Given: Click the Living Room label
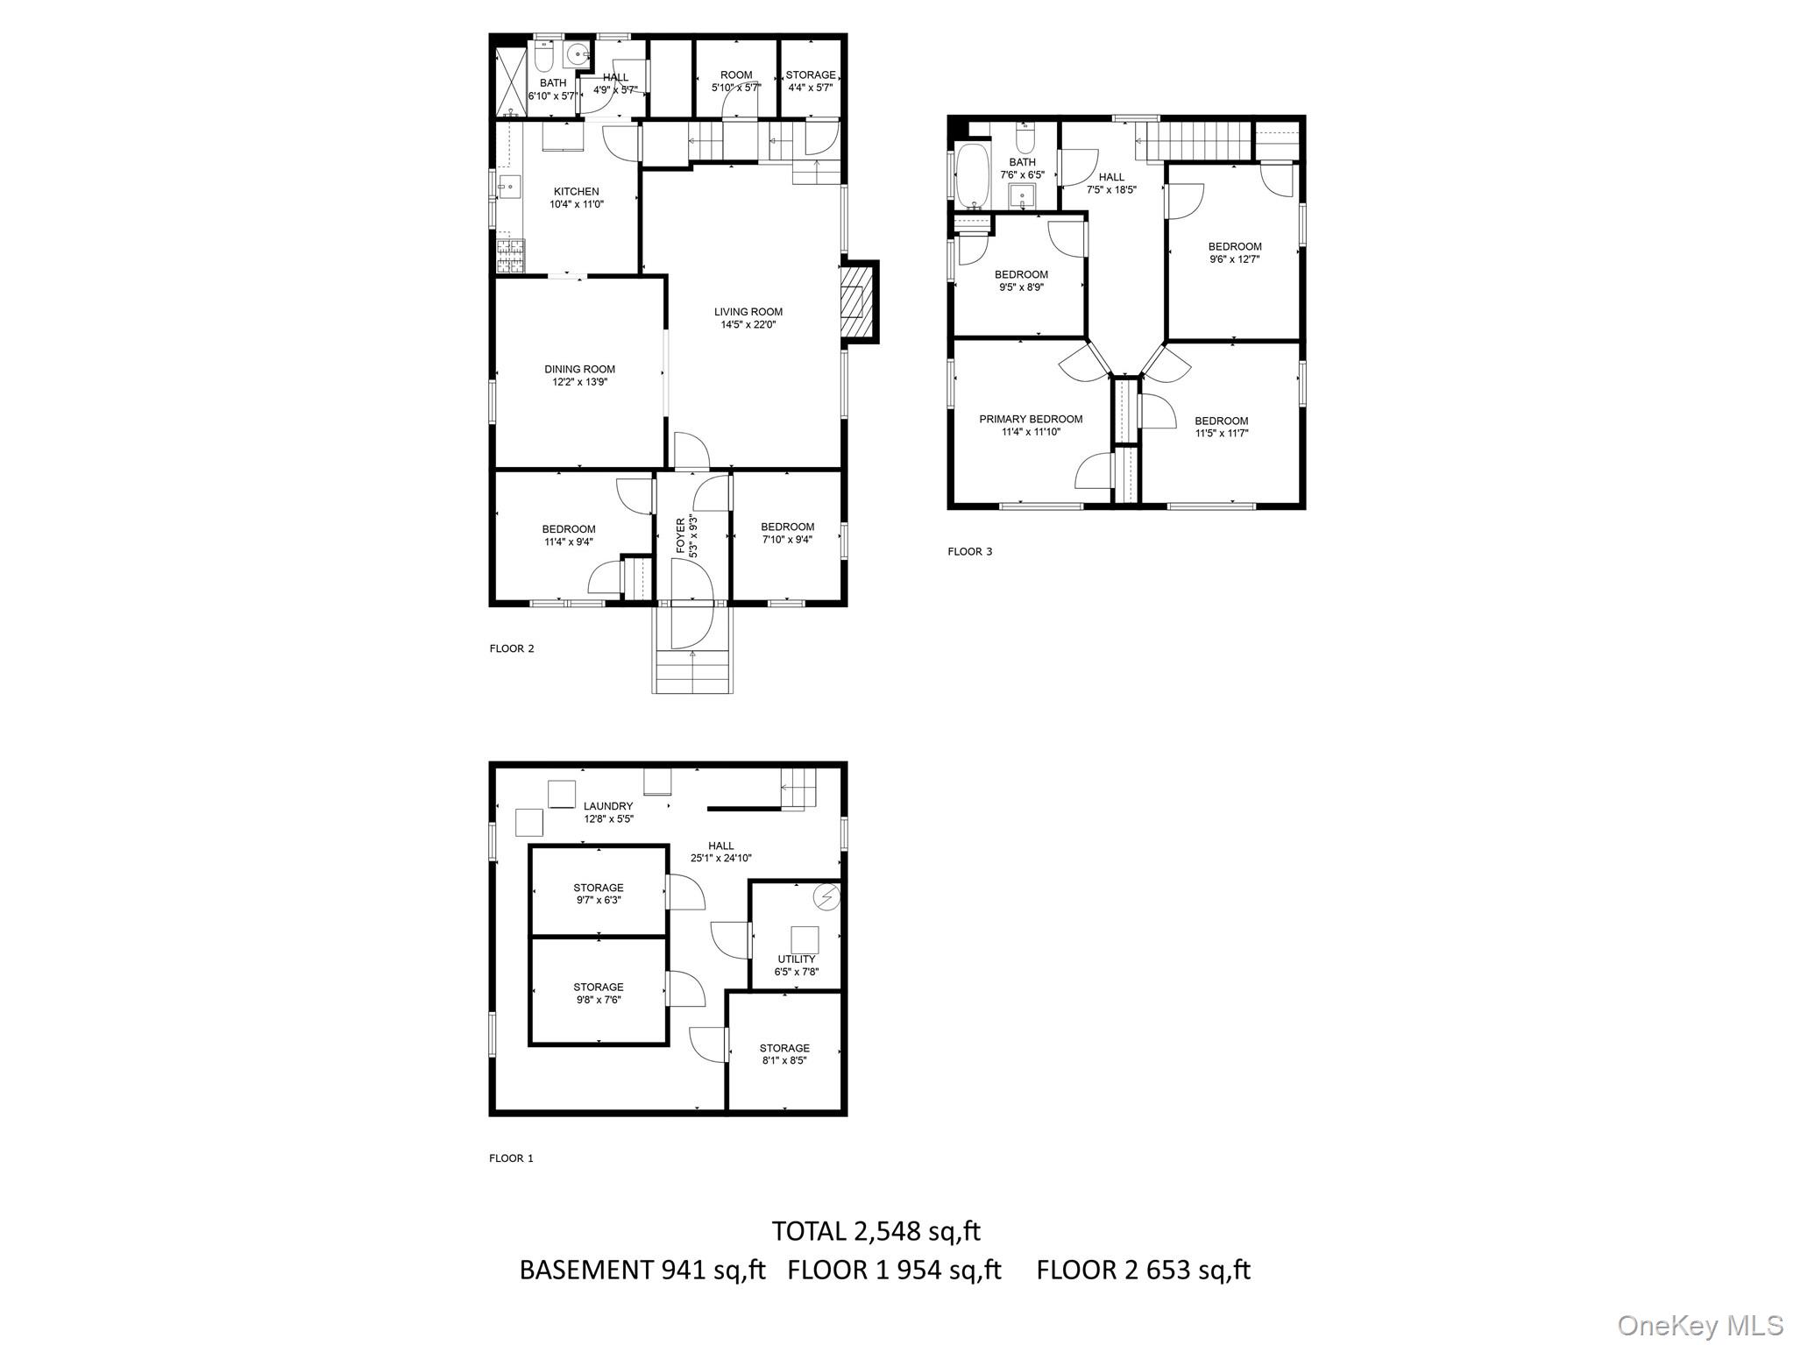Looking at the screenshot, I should (748, 312).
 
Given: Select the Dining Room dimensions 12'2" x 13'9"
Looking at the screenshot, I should (579, 382).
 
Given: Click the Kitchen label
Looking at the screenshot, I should (576, 192).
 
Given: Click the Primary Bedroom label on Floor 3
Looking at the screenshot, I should (1031, 419).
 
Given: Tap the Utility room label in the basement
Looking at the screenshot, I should (796, 959).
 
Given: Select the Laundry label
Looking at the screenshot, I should (608, 806).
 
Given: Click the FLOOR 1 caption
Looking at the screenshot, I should (511, 1158).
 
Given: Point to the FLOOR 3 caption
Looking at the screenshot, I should (969, 552).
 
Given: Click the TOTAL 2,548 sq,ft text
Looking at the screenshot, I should (876, 1231).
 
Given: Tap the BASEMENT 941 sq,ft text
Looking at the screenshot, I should (642, 1270).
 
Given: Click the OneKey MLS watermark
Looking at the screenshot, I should (1700, 1325).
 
